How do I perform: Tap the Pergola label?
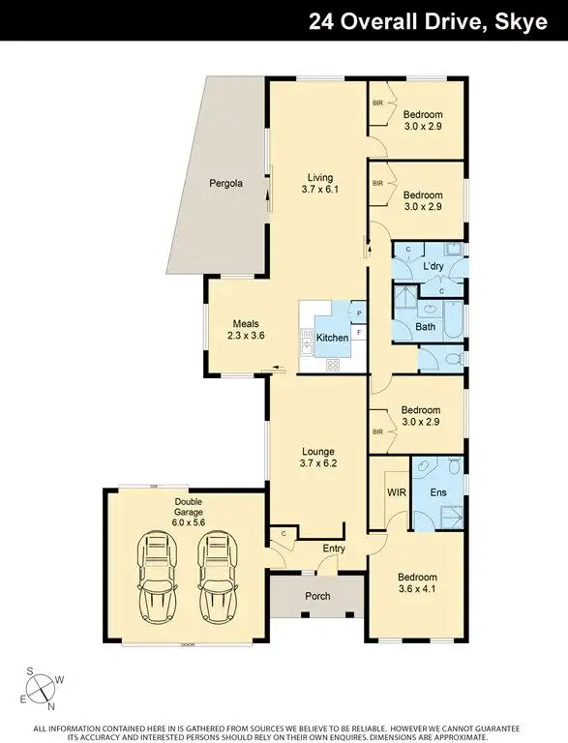click(x=225, y=183)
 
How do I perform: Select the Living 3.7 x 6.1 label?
click(x=319, y=184)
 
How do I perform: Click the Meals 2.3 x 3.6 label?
click(x=246, y=330)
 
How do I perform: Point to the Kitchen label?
click(x=332, y=338)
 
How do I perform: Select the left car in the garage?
click(x=157, y=577)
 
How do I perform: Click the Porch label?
click(x=317, y=596)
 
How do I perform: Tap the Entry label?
click(x=334, y=549)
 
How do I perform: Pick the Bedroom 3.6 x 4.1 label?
click(x=418, y=582)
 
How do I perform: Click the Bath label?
click(x=426, y=327)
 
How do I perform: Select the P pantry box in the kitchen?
click(x=359, y=313)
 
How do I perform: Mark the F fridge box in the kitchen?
click(x=359, y=333)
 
